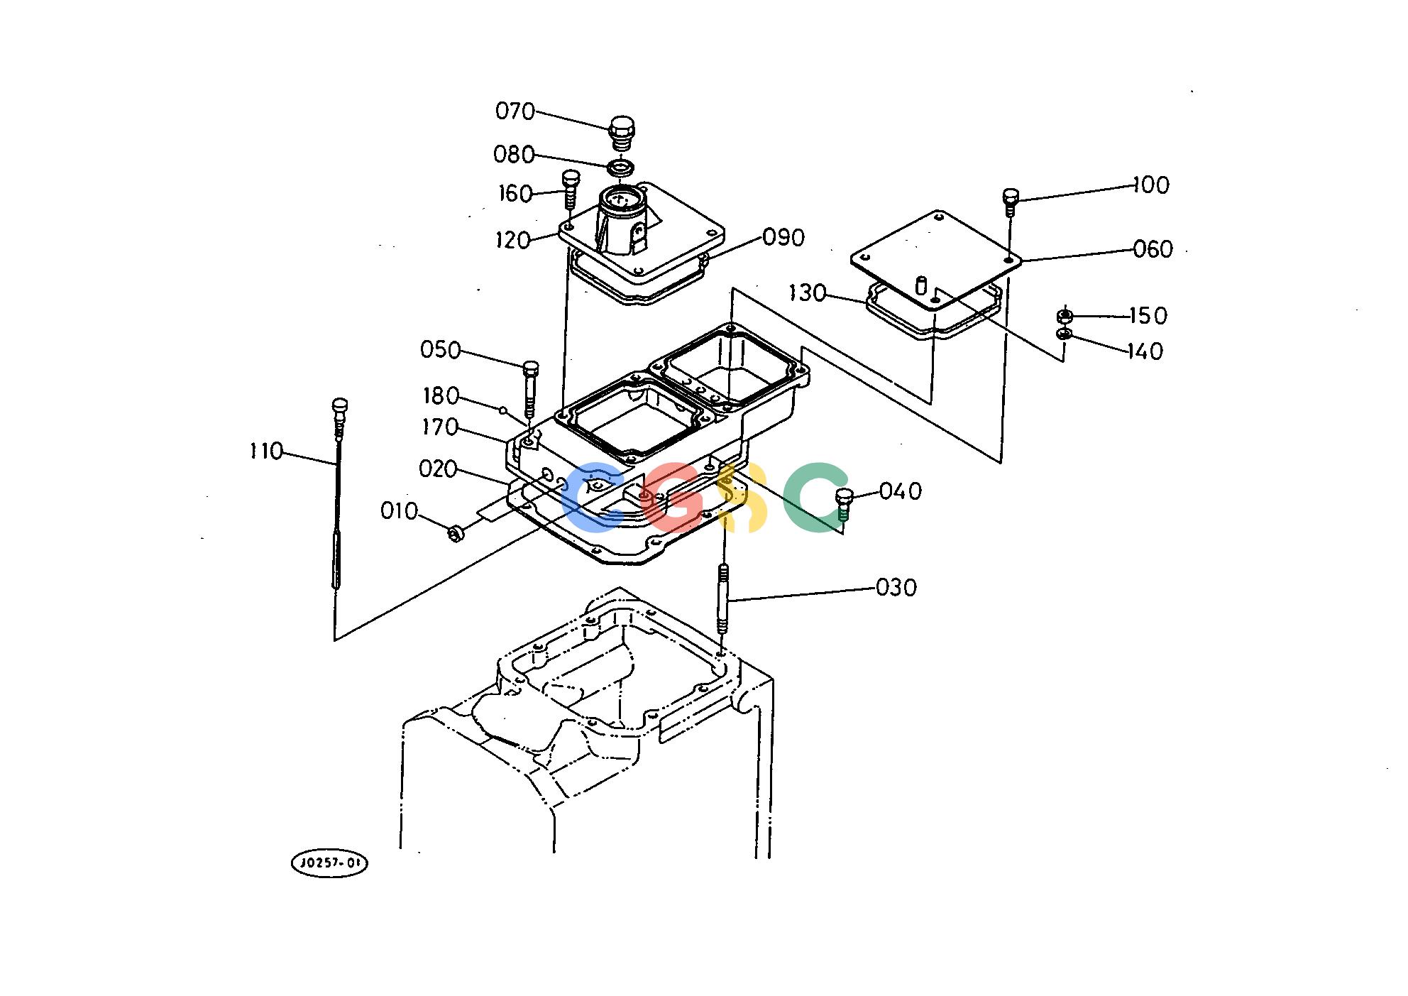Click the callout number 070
point(515,111)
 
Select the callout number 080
point(513,154)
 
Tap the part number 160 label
point(515,194)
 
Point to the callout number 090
point(783,237)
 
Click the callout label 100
point(1151,185)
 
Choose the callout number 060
point(1153,249)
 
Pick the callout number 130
point(808,292)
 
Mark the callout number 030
point(896,588)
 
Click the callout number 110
point(266,451)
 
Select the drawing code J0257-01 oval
point(330,863)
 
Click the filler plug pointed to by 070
point(621,134)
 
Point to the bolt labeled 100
point(1011,202)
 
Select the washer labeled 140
point(1064,334)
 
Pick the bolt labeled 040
point(843,504)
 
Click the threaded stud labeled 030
point(723,598)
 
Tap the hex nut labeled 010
point(456,532)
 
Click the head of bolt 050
point(530,368)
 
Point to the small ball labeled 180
point(503,410)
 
